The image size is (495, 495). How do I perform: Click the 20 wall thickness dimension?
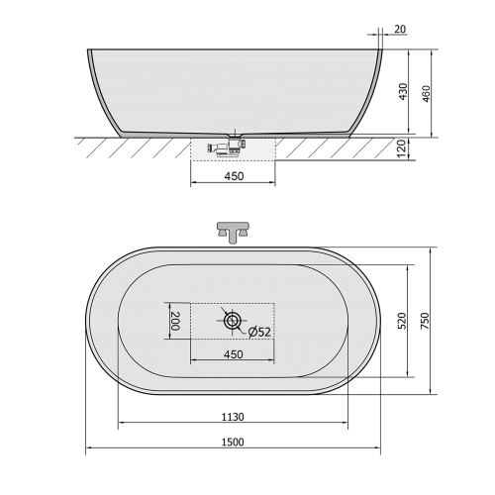(400, 29)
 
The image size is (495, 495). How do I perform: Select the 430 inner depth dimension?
(403, 91)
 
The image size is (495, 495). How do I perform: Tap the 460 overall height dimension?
(426, 94)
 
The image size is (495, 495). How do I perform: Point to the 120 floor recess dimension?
(401, 148)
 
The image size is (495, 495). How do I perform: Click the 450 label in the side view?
(234, 176)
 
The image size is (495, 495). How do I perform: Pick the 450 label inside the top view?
(234, 354)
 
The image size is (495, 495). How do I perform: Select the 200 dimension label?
(175, 321)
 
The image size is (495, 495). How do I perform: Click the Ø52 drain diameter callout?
(259, 332)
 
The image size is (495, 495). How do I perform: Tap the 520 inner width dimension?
(402, 321)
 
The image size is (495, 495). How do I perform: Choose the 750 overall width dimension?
(425, 321)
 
